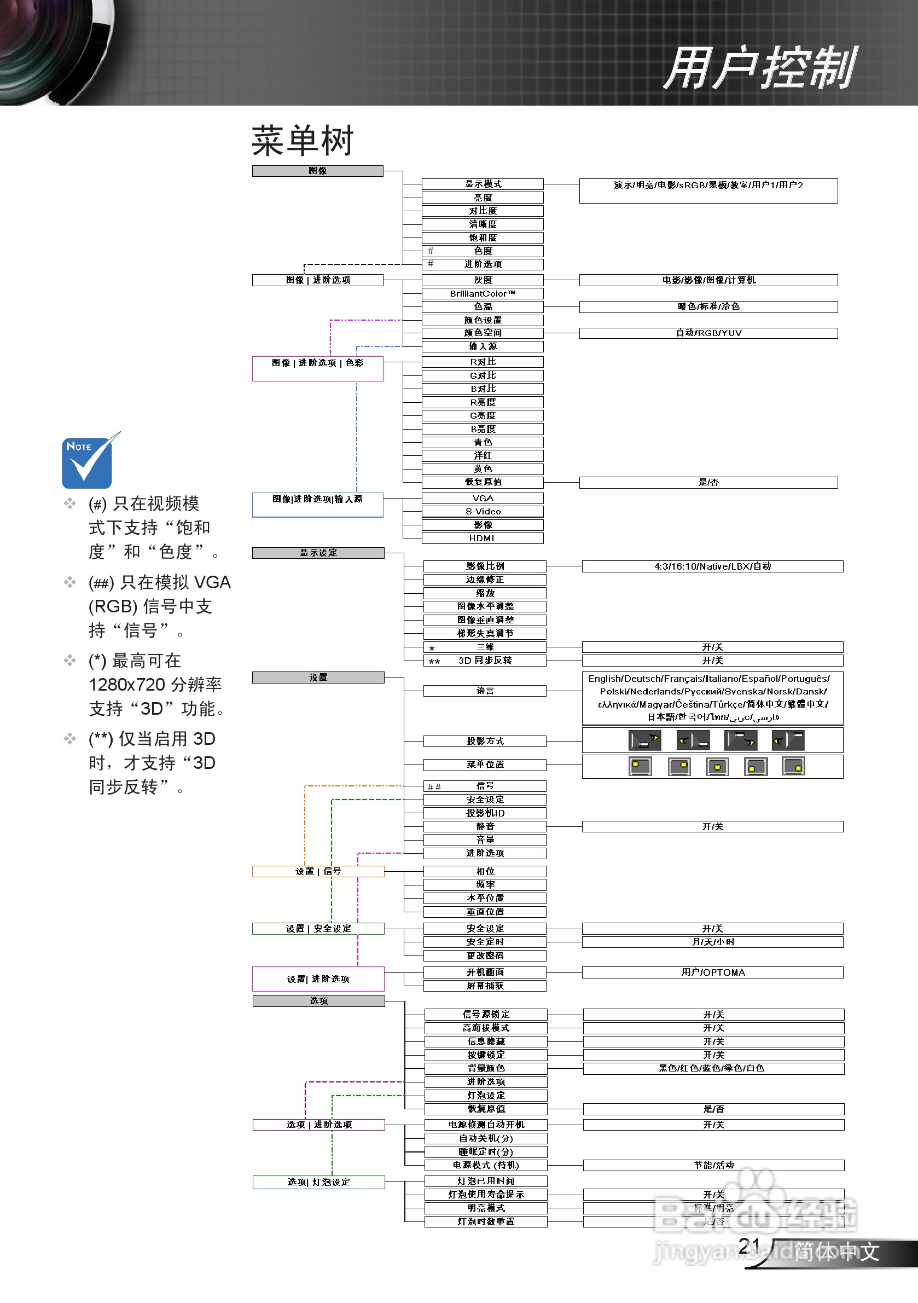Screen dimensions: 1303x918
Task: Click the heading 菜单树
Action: [303, 140]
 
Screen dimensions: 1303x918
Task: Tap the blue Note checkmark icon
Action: [88, 461]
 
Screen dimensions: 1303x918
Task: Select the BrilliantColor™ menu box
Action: [483, 293]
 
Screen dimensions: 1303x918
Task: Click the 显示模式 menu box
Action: [483, 184]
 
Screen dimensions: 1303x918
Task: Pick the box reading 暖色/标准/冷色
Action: [708, 306]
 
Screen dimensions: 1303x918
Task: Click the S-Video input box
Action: [483, 511]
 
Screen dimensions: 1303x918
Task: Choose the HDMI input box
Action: [483, 538]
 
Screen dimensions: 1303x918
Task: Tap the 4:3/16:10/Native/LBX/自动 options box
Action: [712, 566]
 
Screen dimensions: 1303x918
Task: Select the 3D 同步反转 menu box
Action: [485, 660]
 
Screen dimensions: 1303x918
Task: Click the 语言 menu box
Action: [485, 690]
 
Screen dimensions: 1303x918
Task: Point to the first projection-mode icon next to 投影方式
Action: [644, 740]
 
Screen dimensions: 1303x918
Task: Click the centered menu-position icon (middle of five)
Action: [717, 767]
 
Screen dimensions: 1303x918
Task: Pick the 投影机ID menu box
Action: [485, 813]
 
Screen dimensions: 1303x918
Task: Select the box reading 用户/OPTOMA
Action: [712, 972]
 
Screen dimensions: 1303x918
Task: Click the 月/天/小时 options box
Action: [712, 941]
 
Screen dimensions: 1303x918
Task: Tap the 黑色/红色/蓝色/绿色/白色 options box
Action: [713, 1068]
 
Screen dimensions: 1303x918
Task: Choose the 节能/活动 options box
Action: [713, 1165]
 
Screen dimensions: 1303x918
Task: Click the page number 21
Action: [749, 1246]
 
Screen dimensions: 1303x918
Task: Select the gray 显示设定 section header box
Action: [318, 553]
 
